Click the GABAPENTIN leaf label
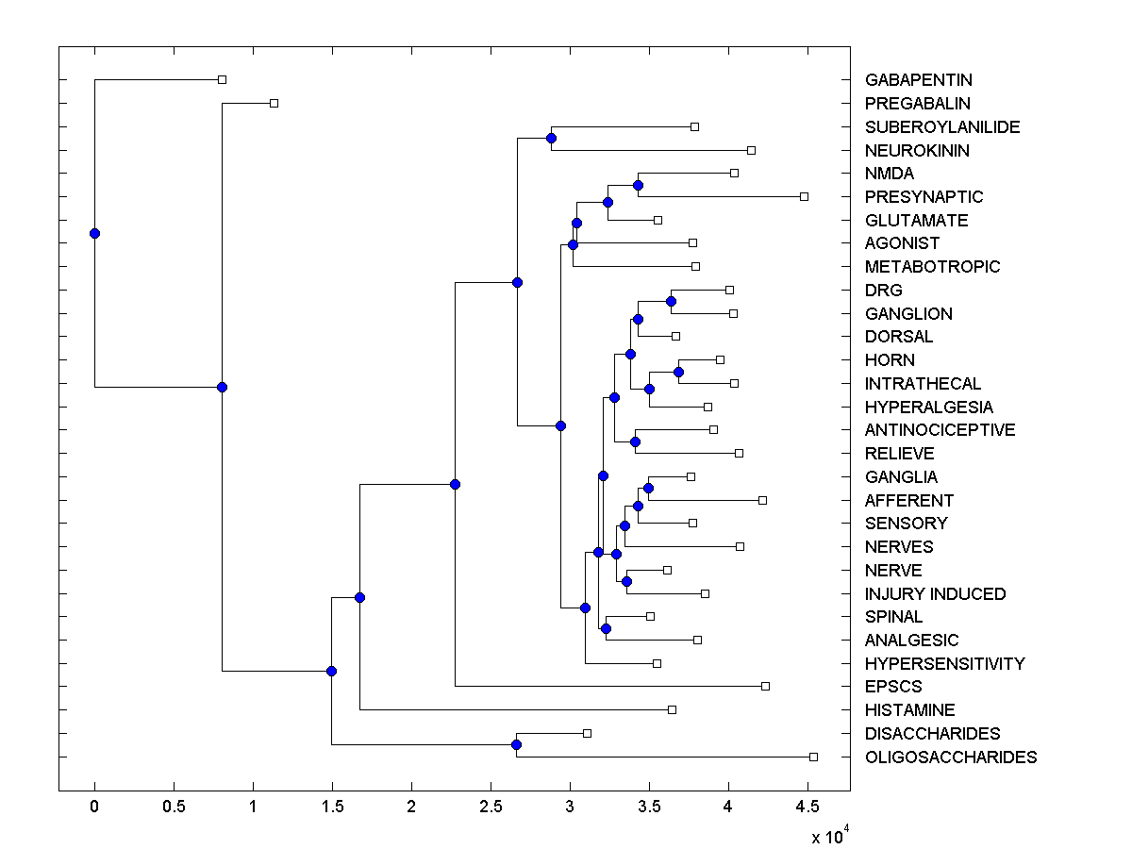(918, 80)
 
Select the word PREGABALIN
(917, 104)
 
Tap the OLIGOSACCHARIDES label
(950, 757)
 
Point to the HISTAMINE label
(909, 710)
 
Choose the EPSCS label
(893, 687)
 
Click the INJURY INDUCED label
(935, 594)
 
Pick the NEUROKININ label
(917, 151)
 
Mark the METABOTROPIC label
(932, 267)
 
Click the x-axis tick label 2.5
(490, 807)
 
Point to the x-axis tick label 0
(94, 807)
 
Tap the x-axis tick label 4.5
(807, 807)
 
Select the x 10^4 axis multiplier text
(830, 835)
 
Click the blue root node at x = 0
(94, 233)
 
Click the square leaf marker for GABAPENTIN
(222, 79)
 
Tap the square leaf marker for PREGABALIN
(274, 103)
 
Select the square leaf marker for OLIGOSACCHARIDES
(813, 757)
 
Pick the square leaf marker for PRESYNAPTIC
(804, 196)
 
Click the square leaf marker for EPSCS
(765, 686)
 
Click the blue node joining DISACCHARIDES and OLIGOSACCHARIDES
(517, 745)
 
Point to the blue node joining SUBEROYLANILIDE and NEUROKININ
(551, 138)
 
